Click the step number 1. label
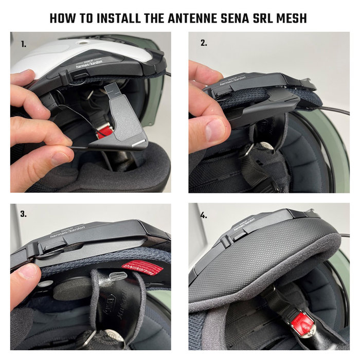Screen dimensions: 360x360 [23, 44]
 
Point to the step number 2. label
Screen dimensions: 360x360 [204, 43]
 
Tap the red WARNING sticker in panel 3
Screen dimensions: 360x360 [141, 269]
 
